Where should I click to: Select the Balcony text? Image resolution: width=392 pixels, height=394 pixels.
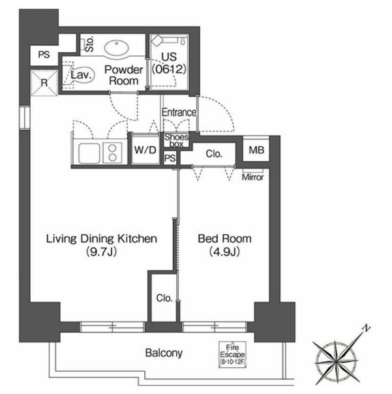point(164,353)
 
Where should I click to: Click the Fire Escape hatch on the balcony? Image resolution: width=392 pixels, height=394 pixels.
point(232,355)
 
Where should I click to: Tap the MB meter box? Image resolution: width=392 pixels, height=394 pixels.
point(256,150)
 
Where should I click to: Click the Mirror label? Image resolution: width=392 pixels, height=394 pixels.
point(253,177)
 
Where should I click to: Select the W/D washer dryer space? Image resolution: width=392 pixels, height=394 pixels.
point(145,150)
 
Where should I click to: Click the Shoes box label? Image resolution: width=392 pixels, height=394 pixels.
point(176,140)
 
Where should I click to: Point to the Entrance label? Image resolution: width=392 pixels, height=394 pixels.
point(179,112)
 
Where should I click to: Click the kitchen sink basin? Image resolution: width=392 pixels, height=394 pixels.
point(89,153)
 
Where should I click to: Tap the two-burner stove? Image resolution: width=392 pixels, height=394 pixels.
point(113,153)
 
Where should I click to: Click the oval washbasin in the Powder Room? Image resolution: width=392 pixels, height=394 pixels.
point(117,48)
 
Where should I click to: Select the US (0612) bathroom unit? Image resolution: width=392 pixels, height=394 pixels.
point(169,63)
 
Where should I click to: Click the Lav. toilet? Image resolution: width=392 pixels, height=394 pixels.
point(78,75)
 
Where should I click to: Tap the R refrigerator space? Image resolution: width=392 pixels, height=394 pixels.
point(44,83)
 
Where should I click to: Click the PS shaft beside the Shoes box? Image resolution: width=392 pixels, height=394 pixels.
point(170,158)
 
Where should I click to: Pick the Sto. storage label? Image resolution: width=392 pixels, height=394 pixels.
point(90,44)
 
